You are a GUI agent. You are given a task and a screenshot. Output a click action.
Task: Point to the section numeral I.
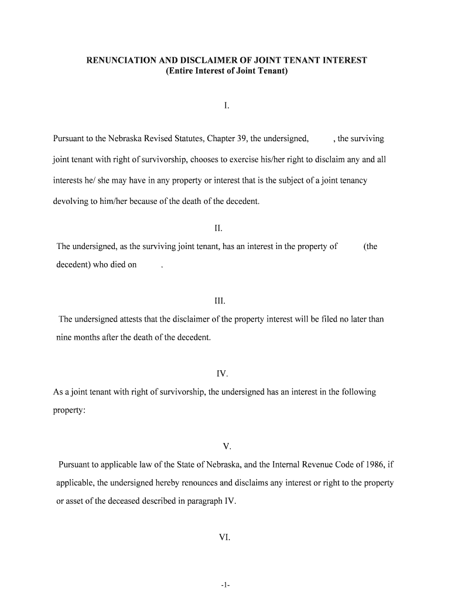pyautogui.click(x=226, y=106)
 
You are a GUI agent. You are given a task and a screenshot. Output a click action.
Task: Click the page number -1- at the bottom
pyautogui.click(x=225, y=585)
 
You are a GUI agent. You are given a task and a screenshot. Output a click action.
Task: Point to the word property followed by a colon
pyautogui.click(x=69, y=411)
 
